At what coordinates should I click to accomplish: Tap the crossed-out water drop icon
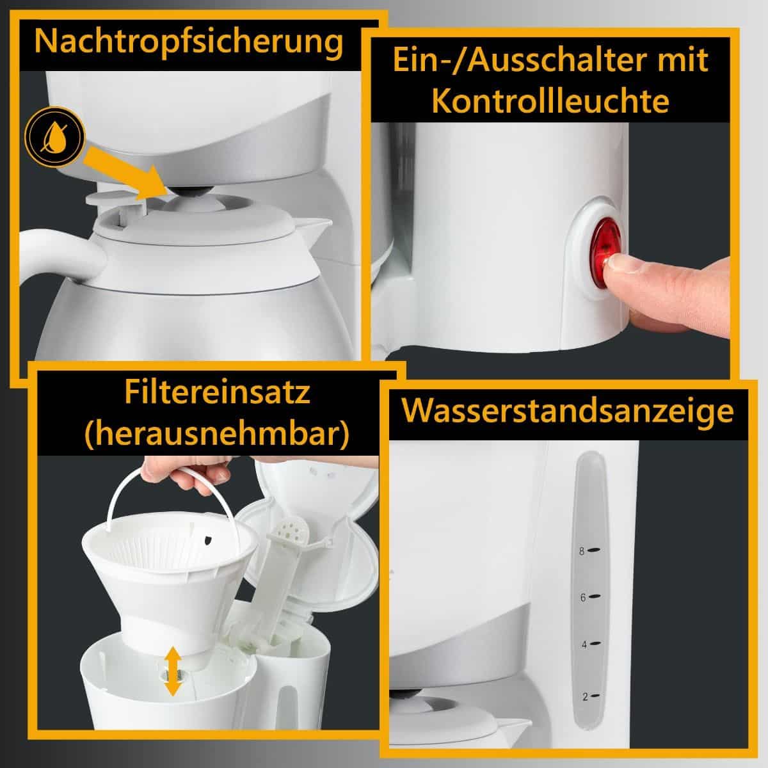pos(54,136)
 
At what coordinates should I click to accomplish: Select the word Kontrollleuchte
pos(550,101)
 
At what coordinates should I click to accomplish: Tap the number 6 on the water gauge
pos(583,597)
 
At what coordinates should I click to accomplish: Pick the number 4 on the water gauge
pos(583,644)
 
